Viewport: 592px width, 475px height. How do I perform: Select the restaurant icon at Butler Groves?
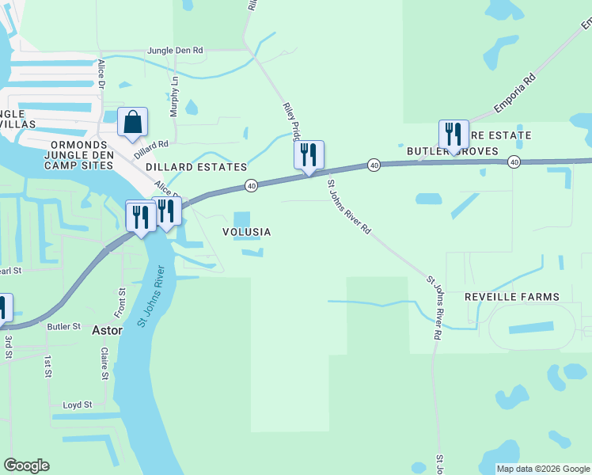453,135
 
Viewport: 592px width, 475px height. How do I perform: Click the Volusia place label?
246,232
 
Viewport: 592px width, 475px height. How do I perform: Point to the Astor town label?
108,330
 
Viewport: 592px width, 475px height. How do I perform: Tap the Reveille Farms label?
511,297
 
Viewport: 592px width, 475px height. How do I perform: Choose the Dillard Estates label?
196,168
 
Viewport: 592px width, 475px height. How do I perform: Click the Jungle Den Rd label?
175,51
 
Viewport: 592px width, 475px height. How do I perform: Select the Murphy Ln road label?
175,96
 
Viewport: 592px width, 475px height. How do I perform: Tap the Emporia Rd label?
515,94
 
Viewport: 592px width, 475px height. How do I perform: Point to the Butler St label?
64,326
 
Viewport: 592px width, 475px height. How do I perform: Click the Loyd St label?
78,405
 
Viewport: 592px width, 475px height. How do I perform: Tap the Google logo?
26,465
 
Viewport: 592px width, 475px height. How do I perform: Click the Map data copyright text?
543,469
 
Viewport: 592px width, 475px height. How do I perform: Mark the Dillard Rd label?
151,145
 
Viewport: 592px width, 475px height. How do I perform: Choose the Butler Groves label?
452,151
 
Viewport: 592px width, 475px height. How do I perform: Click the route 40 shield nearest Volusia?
251,185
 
